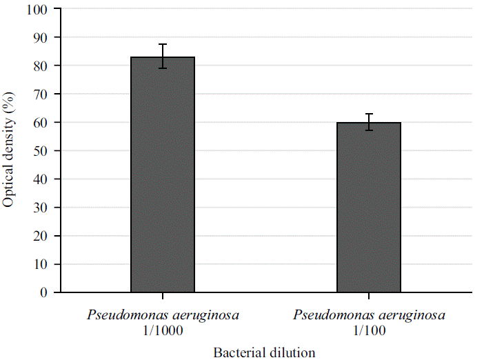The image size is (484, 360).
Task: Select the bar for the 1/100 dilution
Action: [x=369, y=207]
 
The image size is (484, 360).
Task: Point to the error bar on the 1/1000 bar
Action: [x=163, y=56]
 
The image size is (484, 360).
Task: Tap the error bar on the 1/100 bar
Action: [x=369, y=122]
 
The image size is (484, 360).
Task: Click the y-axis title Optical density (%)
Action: [x=9, y=150]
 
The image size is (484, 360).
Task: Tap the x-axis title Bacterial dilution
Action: [x=265, y=352]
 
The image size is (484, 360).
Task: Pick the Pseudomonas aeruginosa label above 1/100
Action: [x=369, y=316]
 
